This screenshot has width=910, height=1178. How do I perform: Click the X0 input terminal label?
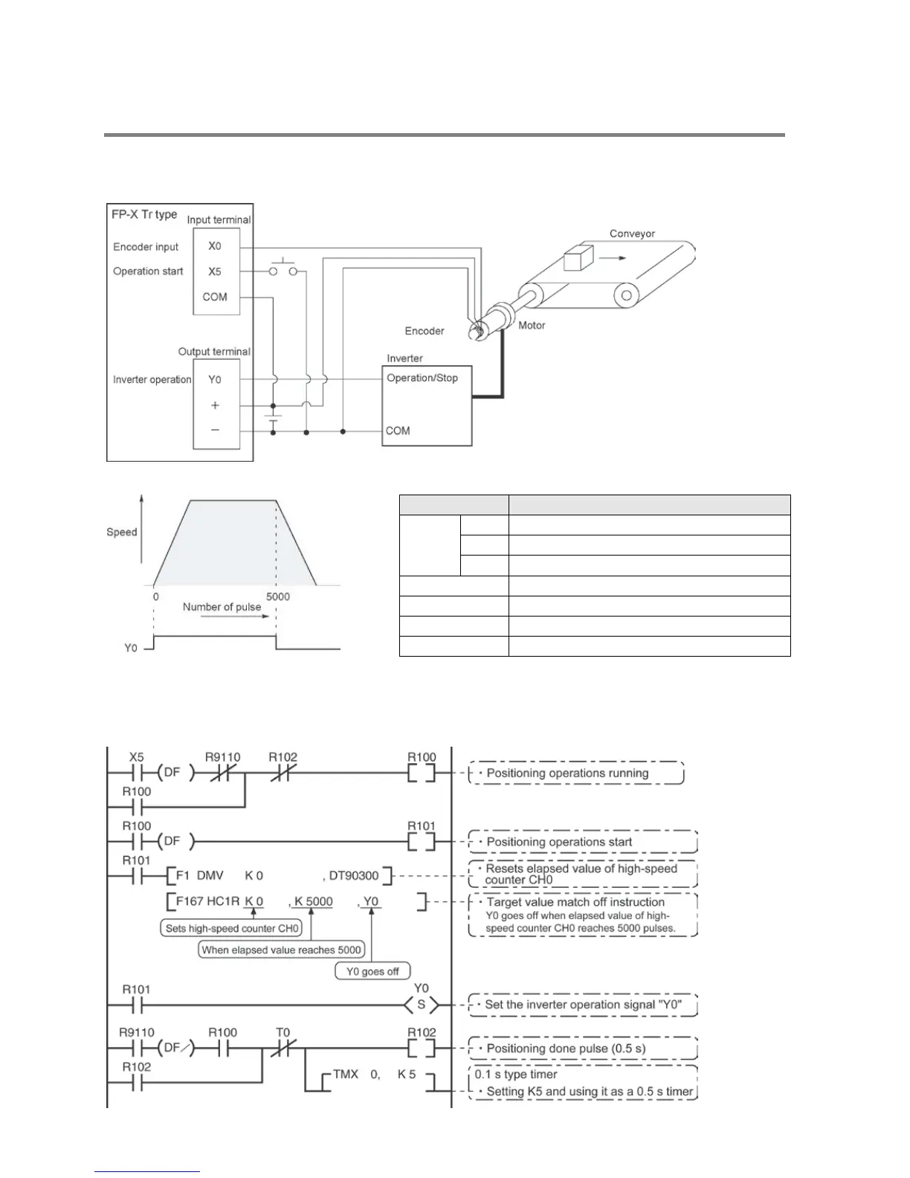(215, 246)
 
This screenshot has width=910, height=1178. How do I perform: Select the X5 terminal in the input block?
(215, 271)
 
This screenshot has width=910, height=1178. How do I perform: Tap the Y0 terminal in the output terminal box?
(215, 379)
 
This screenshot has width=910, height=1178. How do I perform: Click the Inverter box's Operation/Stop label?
(422, 378)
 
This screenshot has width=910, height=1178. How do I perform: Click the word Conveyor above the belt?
(632, 234)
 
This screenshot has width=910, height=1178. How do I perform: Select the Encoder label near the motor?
(425, 331)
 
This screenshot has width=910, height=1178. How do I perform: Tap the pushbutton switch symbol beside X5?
(283, 269)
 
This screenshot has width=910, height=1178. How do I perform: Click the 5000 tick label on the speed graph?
(277, 596)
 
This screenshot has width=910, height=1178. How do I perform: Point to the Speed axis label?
(122, 532)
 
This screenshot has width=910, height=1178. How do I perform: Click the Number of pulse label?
(222, 607)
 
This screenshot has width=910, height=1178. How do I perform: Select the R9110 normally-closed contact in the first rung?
(222, 773)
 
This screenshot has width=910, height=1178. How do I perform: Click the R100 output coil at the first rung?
(422, 773)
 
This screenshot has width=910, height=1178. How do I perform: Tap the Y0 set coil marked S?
(422, 1005)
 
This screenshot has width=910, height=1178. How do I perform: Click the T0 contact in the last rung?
(283, 1048)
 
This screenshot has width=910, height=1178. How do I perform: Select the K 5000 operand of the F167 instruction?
(313, 901)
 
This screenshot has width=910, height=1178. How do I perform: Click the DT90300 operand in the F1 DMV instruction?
(353, 875)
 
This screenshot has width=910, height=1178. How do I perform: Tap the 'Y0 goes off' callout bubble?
(372, 971)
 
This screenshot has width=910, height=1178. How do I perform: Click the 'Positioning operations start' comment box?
(583, 842)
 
